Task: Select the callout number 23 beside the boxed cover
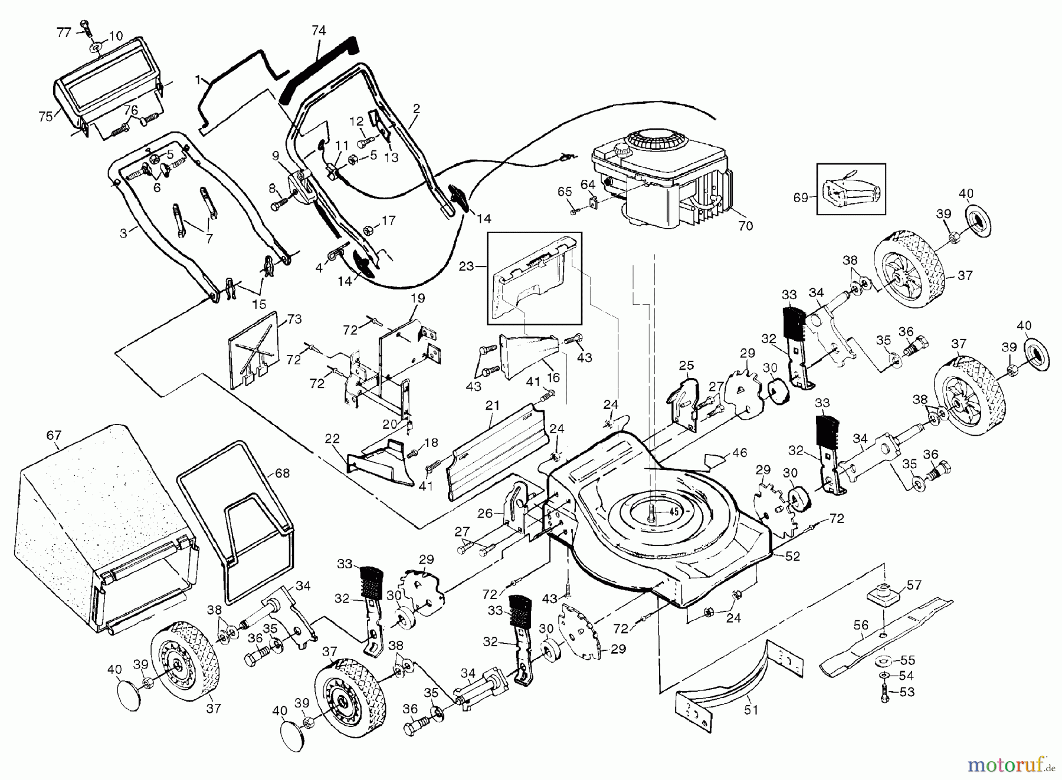point(467,266)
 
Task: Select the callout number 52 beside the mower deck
point(794,555)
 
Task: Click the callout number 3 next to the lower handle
point(123,233)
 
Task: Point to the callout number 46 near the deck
point(739,453)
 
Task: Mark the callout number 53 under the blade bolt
point(906,692)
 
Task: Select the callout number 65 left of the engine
point(565,192)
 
